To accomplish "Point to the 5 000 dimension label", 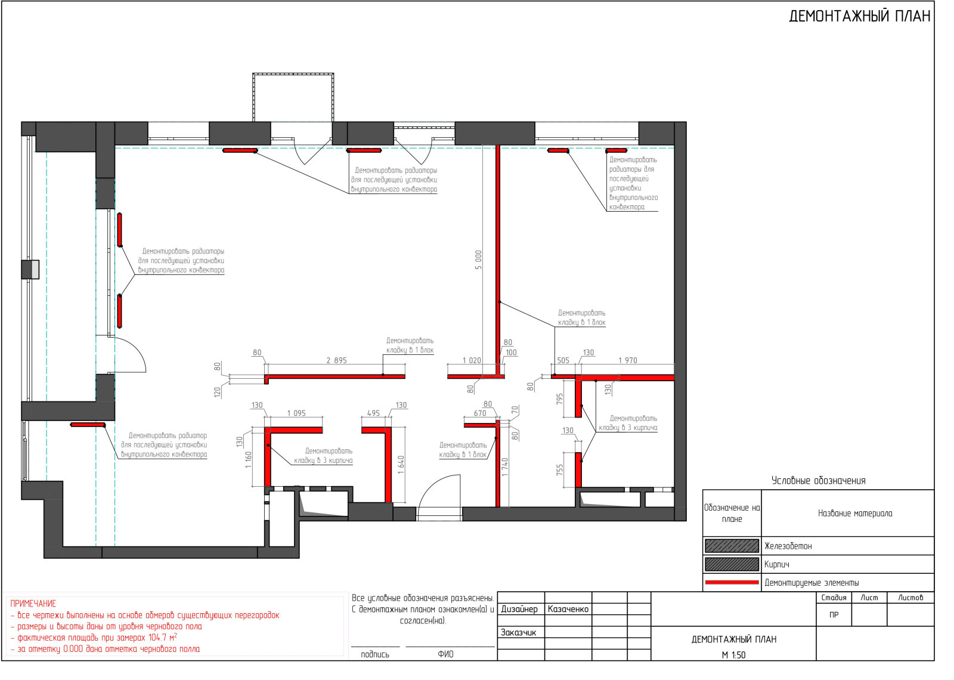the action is pos(479,260).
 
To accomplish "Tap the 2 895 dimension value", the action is pos(336,360).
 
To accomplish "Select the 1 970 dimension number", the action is pos(628,360).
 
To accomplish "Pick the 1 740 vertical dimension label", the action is pos(504,467).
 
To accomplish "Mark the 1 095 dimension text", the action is pos(296,413).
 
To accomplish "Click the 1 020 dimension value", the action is pos(472,360).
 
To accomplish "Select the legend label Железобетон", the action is pos(788,546).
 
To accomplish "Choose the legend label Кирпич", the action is pos(777,565).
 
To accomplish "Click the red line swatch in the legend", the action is pos(732,582).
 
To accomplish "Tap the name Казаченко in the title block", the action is pos(568,609).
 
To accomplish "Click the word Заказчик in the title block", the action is pos(518,633).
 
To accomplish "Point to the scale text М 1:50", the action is pos(734,656).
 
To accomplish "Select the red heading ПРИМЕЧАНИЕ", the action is pos(33,604).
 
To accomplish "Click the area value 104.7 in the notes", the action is pos(159,638).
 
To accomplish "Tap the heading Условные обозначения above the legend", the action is pos(819,481).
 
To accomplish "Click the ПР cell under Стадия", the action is pos(834,615).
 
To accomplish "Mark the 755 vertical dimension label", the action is pos(560,470).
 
